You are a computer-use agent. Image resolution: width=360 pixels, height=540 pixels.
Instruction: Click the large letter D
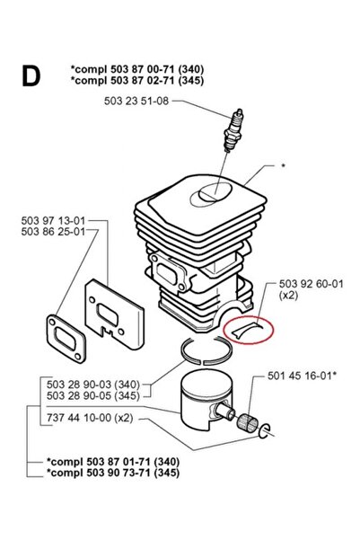(x=31, y=75)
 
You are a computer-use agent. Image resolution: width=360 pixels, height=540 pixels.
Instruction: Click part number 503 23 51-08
(x=136, y=101)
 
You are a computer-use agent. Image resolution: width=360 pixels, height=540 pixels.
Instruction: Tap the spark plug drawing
(x=233, y=130)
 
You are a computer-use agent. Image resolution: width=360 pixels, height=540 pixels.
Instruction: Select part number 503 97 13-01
(x=53, y=220)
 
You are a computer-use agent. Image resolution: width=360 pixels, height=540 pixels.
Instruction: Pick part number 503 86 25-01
(x=53, y=232)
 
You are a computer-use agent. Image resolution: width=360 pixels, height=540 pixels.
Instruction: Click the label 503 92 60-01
(x=312, y=284)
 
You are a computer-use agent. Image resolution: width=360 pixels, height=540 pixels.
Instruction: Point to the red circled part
(x=248, y=329)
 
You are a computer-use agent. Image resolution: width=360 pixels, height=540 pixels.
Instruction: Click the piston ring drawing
(x=206, y=350)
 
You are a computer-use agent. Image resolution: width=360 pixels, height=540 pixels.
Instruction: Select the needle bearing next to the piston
(x=248, y=421)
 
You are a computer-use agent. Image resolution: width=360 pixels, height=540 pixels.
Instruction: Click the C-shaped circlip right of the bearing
(x=265, y=430)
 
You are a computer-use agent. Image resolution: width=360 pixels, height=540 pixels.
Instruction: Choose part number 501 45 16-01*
(x=302, y=376)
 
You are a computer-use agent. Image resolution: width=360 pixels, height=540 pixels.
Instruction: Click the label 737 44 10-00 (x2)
(x=90, y=418)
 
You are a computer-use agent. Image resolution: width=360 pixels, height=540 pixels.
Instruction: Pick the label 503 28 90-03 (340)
(x=93, y=385)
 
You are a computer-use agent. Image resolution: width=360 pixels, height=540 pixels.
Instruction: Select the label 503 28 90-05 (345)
(x=93, y=395)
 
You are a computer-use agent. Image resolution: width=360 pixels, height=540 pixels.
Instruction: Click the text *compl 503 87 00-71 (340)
(x=137, y=69)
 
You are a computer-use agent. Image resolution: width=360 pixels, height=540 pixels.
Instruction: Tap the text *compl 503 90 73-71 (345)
(x=113, y=473)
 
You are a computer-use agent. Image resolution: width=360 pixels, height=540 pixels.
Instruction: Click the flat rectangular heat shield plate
(x=114, y=314)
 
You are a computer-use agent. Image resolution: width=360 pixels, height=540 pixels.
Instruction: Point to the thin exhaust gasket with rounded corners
(x=66, y=338)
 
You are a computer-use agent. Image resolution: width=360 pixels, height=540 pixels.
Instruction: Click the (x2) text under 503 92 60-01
(x=288, y=295)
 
